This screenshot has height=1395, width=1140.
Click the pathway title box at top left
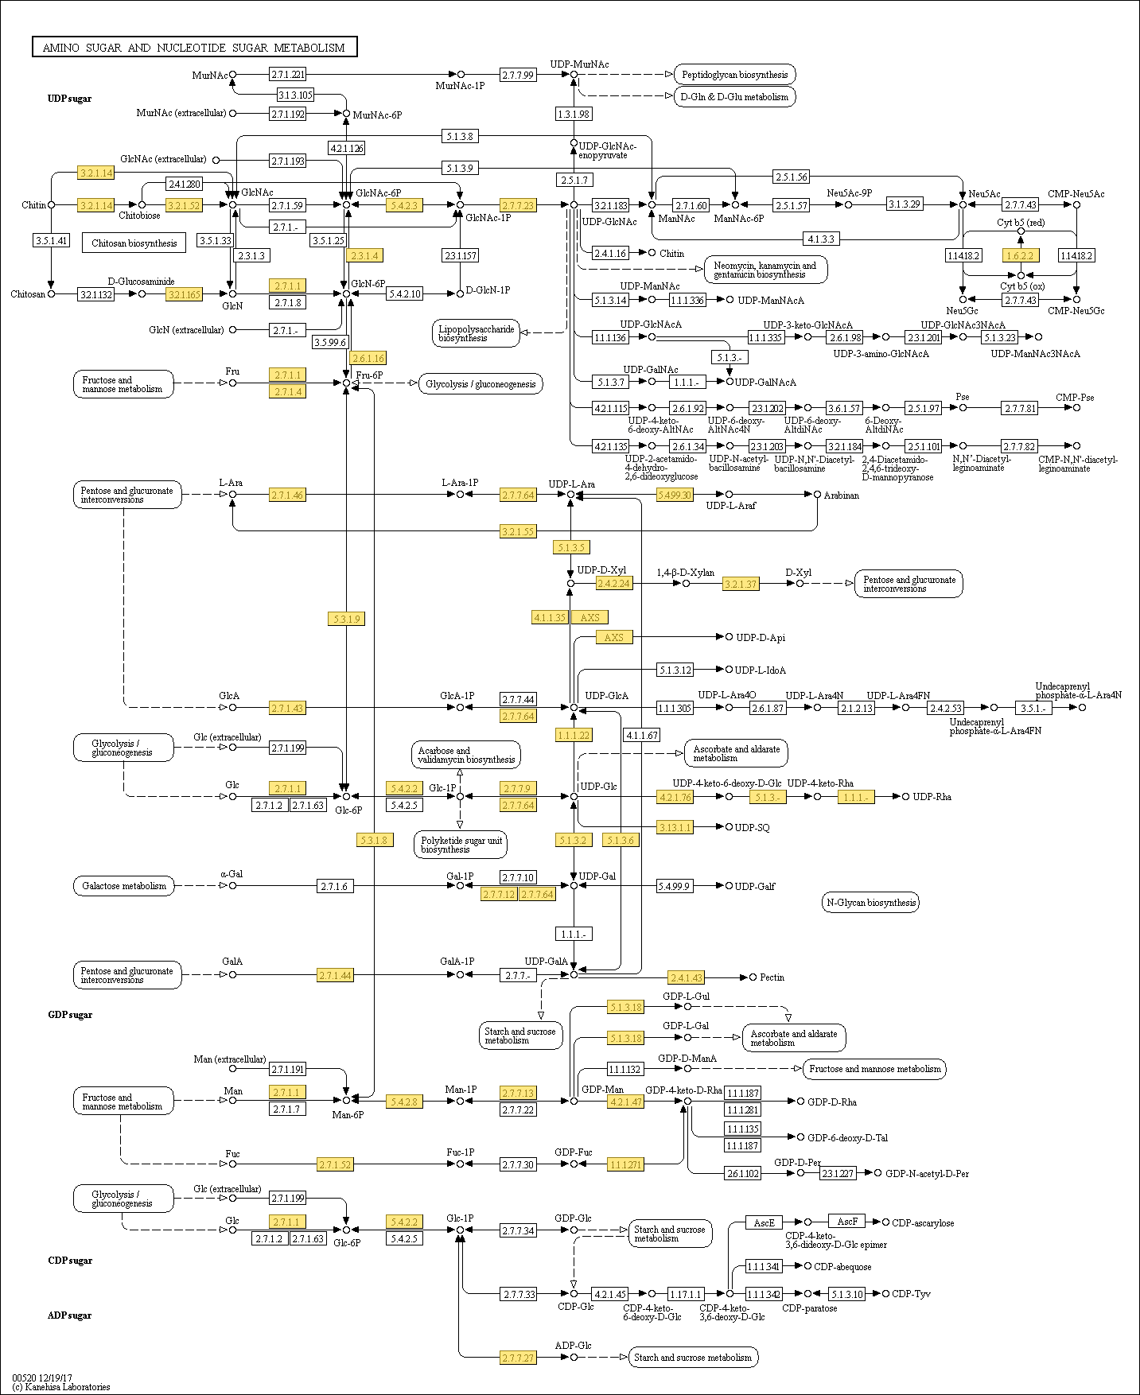(194, 48)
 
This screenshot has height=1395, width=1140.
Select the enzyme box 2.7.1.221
(287, 75)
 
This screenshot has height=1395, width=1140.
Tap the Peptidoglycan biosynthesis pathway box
(734, 75)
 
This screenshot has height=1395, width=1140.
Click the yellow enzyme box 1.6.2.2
(1020, 255)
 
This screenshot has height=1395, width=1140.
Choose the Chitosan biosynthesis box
(134, 243)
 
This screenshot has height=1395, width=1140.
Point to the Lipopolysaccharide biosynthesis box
(477, 333)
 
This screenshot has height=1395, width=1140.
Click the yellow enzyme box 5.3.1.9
(347, 619)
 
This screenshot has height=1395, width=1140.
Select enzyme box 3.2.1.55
(518, 531)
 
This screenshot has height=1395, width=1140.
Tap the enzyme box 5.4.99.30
(675, 495)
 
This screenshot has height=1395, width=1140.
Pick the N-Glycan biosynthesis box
(870, 902)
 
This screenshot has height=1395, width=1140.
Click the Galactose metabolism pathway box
(124, 885)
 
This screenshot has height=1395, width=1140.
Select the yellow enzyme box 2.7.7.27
(518, 1358)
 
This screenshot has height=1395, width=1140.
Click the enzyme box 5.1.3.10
(846, 1294)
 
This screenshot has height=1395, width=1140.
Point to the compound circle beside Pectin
(753, 977)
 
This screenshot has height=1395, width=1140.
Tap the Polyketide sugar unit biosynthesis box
(461, 845)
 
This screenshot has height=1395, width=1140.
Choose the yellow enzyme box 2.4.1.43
(686, 977)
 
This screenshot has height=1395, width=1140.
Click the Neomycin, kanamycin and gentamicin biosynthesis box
(765, 270)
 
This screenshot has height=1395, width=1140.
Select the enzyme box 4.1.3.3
(820, 239)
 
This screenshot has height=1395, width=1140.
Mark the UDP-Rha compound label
(932, 796)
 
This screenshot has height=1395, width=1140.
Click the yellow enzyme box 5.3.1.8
(374, 840)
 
